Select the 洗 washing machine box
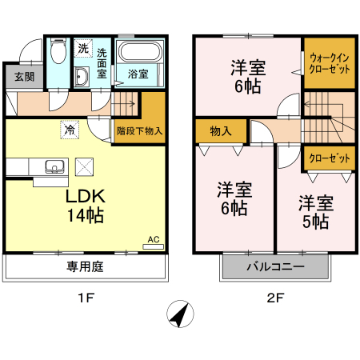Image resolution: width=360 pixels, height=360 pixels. pos(83,49)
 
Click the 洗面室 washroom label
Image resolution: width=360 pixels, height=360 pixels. pos(102,62)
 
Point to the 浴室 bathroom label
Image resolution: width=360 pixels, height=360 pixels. pos(138,74)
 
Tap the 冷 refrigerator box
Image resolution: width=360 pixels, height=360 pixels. pos(70,128)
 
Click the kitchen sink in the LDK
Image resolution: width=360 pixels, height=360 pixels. pos(54,166)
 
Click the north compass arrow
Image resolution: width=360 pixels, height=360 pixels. pos(181,315)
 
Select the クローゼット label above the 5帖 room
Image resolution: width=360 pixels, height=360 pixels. pos(329,158)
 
